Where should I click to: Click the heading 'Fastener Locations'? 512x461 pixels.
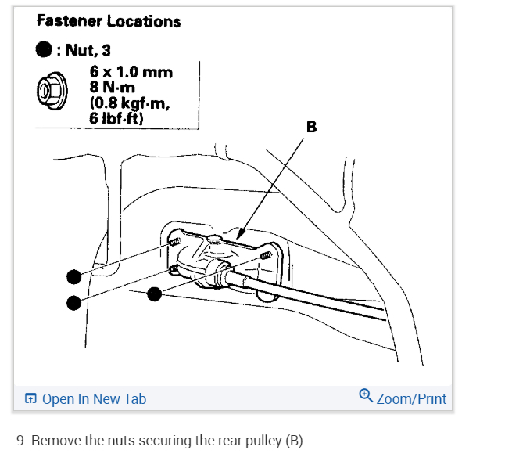click(108, 21)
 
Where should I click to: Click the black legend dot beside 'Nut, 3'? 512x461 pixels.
click(44, 51)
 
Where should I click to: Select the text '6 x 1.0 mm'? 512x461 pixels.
click(131, 73)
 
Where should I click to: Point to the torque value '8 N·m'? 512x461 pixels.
click(114, 87)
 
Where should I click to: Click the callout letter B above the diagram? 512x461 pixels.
click(311, 126)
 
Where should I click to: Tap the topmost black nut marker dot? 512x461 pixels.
click(73, 276)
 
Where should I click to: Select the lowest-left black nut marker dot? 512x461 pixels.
click(73, 302)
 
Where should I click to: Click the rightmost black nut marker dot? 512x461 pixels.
click(155, 294)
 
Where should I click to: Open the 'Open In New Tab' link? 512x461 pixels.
click(94, 399)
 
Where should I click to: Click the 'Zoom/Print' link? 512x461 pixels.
click(411, 399)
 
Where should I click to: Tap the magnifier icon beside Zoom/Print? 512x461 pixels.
click(365, 395)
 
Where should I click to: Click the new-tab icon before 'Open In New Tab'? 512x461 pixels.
click(30, 399)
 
